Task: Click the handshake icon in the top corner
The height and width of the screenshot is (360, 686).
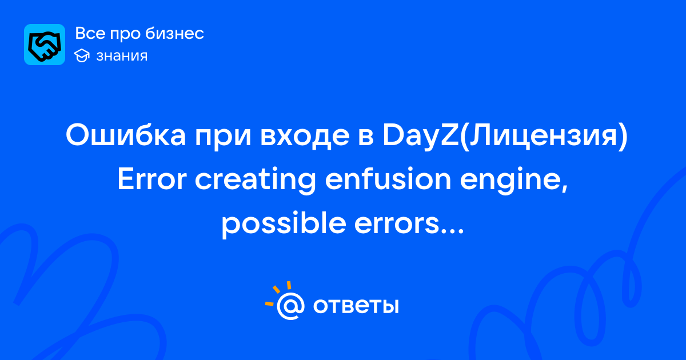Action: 45,45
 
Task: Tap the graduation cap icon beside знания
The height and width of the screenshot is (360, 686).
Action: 82,56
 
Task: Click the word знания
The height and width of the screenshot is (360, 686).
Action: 122,56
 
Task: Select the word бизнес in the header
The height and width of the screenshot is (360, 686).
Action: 174,33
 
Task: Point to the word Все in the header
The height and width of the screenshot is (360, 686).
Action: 90,33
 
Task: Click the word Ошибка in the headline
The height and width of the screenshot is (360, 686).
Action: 126,135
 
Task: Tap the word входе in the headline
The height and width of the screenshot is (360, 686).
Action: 305,135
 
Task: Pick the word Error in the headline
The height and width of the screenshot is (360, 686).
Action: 152,179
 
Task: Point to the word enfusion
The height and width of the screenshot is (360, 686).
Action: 388,178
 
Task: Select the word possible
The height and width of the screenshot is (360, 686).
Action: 284,225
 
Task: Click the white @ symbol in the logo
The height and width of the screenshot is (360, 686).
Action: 290,306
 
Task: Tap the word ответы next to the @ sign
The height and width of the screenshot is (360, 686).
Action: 356,306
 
